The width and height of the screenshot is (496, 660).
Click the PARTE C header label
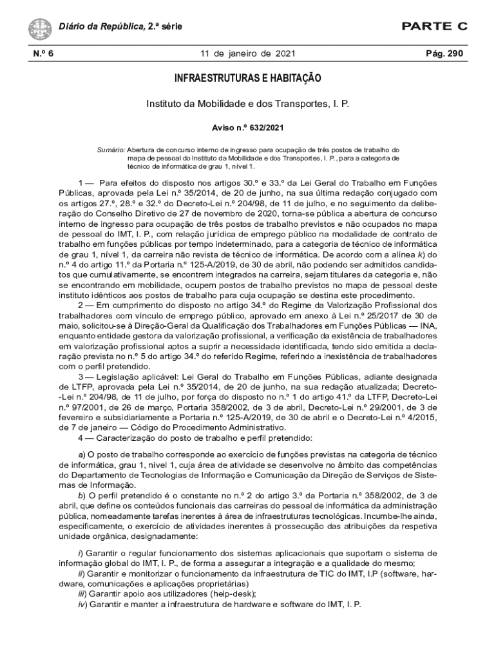click(x=434, y=26)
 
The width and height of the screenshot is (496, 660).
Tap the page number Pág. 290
click(x=445, y=53)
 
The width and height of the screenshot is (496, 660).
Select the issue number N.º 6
click(x=43, y=53)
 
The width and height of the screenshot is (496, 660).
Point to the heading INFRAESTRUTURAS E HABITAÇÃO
click(x=248, y=79)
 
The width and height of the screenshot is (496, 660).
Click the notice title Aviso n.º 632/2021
click(x=248, y=128)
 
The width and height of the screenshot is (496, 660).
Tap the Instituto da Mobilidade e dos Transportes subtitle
click(x=248, y=103)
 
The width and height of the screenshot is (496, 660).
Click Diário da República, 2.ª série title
click(x=120, y=26)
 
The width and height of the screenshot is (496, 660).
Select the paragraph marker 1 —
click(x=86, y=182)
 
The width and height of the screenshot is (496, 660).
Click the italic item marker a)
click(x=82, y=455)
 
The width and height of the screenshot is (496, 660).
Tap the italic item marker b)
click(x=82, y=495)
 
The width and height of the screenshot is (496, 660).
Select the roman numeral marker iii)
click(x=82, y=594)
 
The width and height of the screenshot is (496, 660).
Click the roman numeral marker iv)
click(x=82, y=604)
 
